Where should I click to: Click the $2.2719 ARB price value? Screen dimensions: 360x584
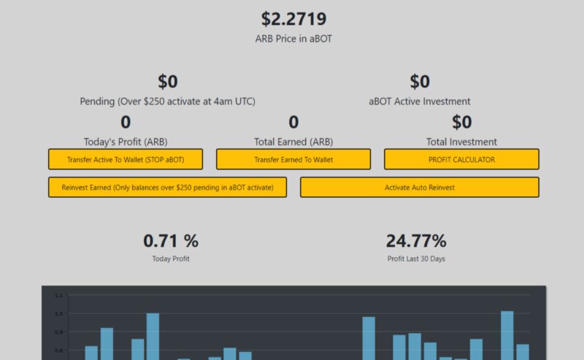coord(293,19)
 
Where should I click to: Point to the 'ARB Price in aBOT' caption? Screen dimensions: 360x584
coord(293,39)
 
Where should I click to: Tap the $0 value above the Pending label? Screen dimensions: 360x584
coord(168,82)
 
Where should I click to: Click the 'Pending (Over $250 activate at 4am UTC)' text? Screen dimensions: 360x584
coord(168,102)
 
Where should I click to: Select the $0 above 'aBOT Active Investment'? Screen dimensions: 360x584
coord(420,82)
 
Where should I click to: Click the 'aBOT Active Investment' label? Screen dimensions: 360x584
coord(420,102)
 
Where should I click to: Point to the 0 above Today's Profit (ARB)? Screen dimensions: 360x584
coord(126,122)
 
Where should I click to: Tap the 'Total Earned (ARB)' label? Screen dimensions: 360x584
coord(293,142)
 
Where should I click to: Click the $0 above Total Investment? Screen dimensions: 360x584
coord(462,122)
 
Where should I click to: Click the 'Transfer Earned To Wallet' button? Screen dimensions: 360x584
coord(293,159)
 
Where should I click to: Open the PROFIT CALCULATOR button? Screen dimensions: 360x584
coord(461,159)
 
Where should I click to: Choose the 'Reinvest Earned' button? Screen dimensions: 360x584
coord(167,187)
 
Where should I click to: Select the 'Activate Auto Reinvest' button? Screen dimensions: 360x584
coord(420,187)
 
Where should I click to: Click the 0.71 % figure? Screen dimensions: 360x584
coord(171,240)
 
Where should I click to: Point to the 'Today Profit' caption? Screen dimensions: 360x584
coord(171,258)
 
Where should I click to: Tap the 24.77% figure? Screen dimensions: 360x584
coord(416,240)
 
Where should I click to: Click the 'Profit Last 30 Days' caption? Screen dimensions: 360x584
coord(416,258)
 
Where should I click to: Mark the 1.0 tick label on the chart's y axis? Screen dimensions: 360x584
coord(59,313)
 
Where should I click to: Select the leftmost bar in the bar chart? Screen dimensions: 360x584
coord(91,353)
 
